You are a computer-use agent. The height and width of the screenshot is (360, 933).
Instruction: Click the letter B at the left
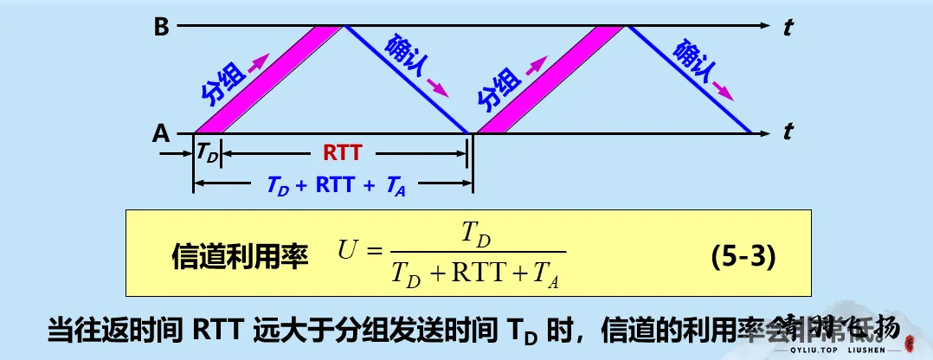coord(161,27)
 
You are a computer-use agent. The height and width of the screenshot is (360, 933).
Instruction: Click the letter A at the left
coord(161,134)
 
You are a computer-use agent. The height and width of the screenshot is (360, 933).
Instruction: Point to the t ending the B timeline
coord(788,28)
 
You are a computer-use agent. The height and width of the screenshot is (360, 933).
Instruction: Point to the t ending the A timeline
coord(788,134)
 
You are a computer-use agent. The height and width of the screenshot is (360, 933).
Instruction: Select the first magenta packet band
coord(268,80)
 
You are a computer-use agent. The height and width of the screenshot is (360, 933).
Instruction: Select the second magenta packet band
coord(550,80)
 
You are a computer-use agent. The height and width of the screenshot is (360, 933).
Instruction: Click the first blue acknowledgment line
coord(407,80)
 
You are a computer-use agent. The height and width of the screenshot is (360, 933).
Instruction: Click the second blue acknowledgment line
coord(689,80)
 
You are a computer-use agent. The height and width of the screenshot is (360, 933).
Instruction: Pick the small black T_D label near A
coord(207,153)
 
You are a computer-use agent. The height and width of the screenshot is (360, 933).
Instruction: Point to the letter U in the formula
coord(348,253)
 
